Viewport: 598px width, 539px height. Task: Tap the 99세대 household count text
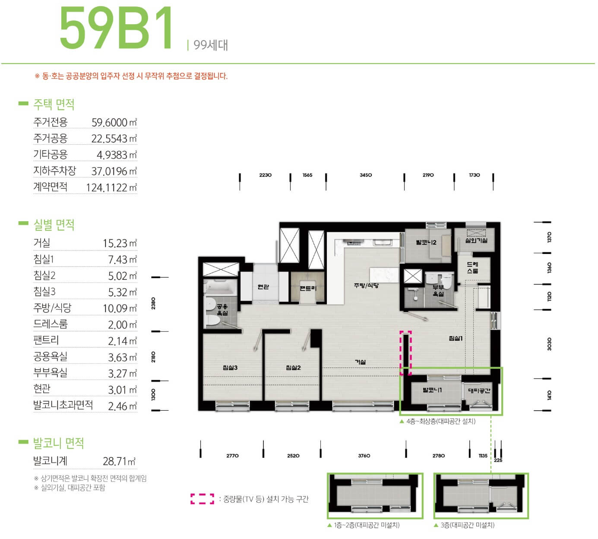tap(210, 45)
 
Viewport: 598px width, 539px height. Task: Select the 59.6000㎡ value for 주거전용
tap(114, 122)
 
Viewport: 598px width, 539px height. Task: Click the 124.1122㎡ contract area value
tap(111, 187)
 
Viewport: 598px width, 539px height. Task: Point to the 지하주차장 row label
tap(54, 171)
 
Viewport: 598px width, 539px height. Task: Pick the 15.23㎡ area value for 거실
tap(120, 244)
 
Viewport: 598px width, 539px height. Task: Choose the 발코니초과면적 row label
tap(63, 405)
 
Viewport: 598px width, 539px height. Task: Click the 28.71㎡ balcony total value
tap(119, 461)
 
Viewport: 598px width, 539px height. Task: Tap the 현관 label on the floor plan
tap(263, 287)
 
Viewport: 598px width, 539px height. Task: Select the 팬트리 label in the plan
tap(308, 288)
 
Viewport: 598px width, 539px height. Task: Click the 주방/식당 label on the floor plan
tap(366, 285)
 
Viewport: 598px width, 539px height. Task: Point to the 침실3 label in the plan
tap(230, 368)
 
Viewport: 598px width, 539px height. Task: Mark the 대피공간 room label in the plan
tap(479, 390)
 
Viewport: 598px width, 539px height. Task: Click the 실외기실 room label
tap(476, 241)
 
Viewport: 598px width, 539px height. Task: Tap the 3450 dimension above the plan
tap(365, 175)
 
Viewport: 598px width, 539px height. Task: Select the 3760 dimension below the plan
tap(364, 456)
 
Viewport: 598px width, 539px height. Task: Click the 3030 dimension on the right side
tap(549, 344)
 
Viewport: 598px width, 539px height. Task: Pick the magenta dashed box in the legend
tap(202, 499)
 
